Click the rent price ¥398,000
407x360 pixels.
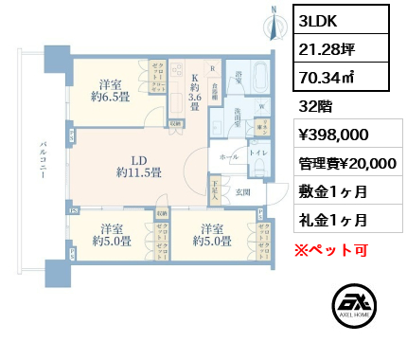click(x=327, y=135)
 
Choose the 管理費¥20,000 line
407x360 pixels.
click(x=343, y=162)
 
